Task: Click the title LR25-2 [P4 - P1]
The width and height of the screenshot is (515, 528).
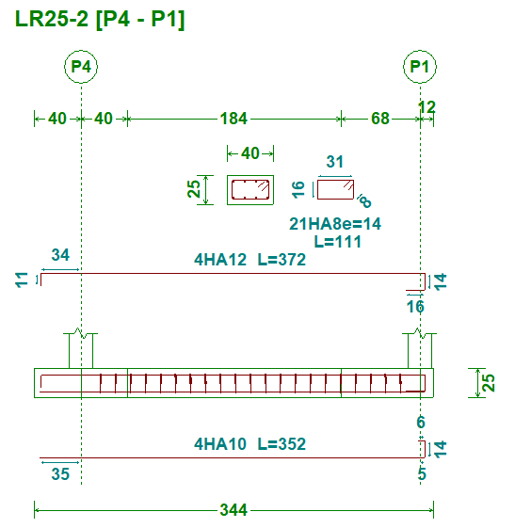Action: [x=100, y=19]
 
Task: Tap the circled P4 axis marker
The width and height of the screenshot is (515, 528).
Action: [x=81, y=67]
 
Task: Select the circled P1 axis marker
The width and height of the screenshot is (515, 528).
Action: [x=420, y=67]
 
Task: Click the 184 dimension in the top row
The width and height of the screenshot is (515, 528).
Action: [x=233, y=119]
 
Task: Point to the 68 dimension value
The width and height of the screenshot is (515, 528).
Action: [x=380, y=119]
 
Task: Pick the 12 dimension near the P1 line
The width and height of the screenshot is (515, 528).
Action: [x=426, y=107]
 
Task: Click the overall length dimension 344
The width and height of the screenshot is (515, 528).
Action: [x=233, y=510]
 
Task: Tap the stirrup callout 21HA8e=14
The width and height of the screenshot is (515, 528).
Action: [x=335, y=224]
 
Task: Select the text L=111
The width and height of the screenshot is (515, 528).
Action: [x=338, y=242]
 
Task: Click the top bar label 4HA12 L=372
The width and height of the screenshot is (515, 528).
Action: [x=249, y=260]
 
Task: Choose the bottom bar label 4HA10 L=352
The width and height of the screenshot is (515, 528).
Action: [x=249, y=444]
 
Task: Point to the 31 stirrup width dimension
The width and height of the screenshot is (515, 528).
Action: [x=335, y=162]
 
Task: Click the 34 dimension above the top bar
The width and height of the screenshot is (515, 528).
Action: [x=60, y=255]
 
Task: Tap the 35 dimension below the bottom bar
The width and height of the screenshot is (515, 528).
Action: [x=60, y=474]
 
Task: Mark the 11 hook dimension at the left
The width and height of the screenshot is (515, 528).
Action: [x=22, y=280]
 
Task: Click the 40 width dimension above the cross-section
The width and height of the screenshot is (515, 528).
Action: [x=250, y=153]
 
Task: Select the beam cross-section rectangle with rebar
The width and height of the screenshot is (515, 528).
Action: [x=250, y=190]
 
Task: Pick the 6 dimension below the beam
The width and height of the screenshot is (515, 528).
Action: [x=421, y=423]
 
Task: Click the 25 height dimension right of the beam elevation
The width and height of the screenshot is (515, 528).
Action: [x=489, y=383]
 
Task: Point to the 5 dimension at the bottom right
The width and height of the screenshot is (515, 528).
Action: [x=422, y=473]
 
